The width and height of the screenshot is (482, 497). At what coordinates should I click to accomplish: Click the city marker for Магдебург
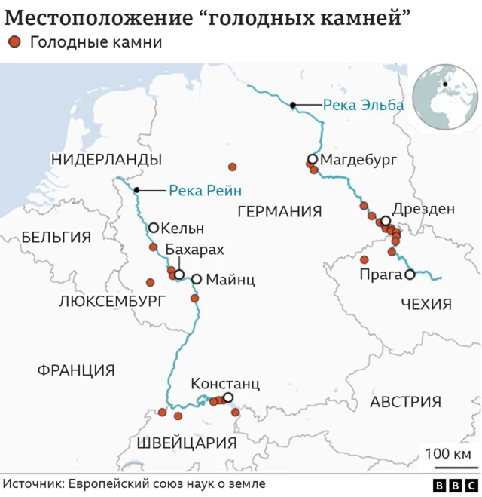pos(312,159)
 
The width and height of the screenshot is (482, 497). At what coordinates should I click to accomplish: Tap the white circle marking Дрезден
pos(386,220)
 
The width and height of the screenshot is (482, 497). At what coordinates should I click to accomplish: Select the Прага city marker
pos(410,275)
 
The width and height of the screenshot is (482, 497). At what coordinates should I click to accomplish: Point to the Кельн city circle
pos(154,227)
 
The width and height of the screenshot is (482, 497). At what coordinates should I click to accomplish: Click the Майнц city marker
pos(196,279)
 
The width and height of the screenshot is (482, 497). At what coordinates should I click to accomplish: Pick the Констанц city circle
pos(228,397)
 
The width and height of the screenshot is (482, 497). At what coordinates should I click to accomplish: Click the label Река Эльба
pos(363,105)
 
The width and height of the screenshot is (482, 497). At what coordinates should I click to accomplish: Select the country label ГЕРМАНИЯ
pos(279,211)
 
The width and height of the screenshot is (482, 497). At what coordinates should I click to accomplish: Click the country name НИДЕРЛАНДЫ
pos(106,159)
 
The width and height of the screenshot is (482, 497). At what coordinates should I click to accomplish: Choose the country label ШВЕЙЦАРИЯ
pos(188,443)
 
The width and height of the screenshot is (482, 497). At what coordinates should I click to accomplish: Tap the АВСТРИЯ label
pos(405,402)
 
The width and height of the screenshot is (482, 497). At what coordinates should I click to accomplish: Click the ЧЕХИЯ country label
pos(426,304)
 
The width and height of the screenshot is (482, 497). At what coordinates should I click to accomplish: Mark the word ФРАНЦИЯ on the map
pos(76,370)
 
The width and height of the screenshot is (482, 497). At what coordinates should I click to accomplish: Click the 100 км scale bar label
pos(447,455)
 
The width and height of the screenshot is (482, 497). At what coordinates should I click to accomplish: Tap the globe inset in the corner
pos(446,97)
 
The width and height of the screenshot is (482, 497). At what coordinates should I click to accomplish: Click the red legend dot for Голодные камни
pos(14,43)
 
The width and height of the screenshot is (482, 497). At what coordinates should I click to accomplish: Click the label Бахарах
pos(194,250)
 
